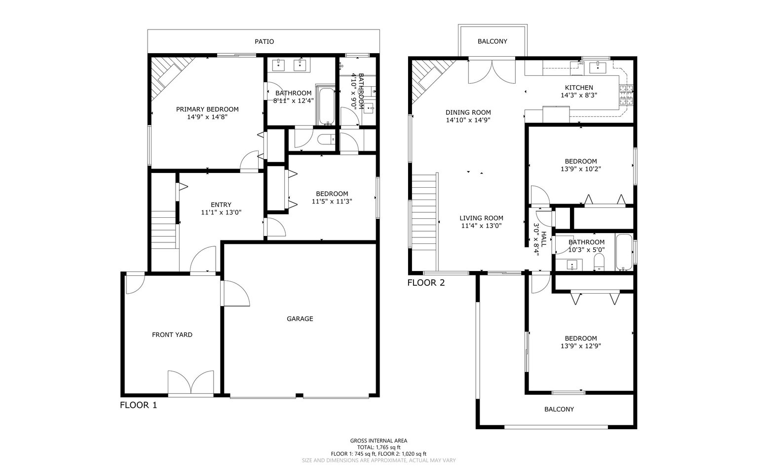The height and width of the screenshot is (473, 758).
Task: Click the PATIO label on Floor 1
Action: pyautogui.click(x=264, y=42)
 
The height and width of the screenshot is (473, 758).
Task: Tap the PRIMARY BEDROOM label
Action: pyautogui.click(x=207, y=109)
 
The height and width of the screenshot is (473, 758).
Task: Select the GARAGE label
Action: pyautogui.click(x=300, y=319)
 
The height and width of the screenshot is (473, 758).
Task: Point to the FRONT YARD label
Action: pyautogui.click(x=172, y=335)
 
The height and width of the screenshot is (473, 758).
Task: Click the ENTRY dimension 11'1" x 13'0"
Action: pyautogui.click(x=221, y=213)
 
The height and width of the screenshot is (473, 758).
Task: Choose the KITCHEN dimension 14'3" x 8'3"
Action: pyautogui.click(x=579, y=96)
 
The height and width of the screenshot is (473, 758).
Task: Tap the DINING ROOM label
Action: pyautogui.click(x=468, y=112)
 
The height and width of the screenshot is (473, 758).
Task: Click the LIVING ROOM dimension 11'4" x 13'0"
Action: pyautogui.click(x=481, y=226)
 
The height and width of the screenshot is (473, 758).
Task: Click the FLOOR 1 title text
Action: pyautogui.click(x=139, y=405)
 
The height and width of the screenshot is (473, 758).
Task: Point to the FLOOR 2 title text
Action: pyautogui.click(x=426, y=283)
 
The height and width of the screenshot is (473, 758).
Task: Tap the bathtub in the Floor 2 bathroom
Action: pyautogui.click(x=624, y=252)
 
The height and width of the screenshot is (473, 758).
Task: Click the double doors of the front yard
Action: pyautogui.click(x=191, y=383)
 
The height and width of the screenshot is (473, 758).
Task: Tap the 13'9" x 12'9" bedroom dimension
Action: pyautogui.click(x=580, y=346)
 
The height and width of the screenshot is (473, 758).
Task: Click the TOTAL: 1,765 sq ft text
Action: pyautogui.click(x=379, y=447)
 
